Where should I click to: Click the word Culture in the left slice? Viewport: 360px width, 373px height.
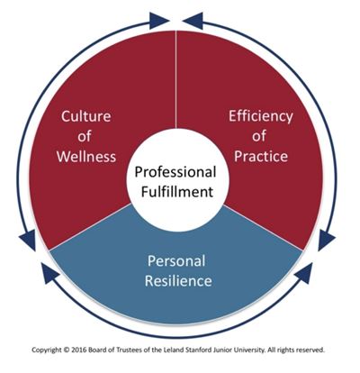(86, 116)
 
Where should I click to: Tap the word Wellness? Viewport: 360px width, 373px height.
(86, 157)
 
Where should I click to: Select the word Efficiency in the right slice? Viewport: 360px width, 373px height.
(261, 117)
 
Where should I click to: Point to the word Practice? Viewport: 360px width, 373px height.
(261, 156)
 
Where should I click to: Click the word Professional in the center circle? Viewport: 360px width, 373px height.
(175, 172)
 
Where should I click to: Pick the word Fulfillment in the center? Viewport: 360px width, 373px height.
(177, 192)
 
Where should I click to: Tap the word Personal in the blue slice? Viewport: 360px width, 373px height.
(176, 260)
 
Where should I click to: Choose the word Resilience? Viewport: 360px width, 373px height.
(178, 280)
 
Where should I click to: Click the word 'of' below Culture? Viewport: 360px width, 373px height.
(85, 136)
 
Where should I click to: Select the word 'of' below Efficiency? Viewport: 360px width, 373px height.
(259, 136)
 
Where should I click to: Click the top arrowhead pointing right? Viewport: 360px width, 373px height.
(159, 21)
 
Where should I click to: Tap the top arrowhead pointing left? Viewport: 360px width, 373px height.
(193, 21)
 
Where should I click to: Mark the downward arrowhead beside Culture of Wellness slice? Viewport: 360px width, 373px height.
(28, 241)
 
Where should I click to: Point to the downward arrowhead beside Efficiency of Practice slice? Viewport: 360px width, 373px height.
(327, 241)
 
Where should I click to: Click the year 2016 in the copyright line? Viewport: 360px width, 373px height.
(78, 350)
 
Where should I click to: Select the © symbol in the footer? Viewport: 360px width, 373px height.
(67, 350)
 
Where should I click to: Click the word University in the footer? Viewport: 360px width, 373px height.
(252, 350)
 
